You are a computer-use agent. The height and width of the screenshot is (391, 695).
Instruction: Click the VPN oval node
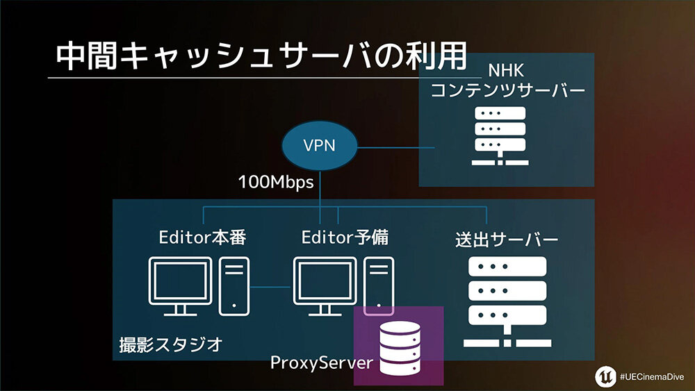click(319, 147)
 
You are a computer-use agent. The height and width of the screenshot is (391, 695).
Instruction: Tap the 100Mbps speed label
click(275, 183)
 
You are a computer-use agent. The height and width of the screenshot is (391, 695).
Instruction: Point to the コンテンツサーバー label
click(508, 91)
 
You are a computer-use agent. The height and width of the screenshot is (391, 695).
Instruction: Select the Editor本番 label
click(202, 238)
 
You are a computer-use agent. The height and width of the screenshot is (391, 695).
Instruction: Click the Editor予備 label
click(345, 238)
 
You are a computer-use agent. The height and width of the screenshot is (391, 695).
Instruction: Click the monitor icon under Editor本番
click(180, 285)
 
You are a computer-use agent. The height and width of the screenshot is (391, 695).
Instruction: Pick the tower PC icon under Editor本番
click(234, 285)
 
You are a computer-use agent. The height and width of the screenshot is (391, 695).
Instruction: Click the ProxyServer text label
click(322, 363)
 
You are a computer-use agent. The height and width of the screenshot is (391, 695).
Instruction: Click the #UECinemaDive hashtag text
click(651, 376)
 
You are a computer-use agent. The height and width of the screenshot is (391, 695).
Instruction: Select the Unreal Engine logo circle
click(603, 376)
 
